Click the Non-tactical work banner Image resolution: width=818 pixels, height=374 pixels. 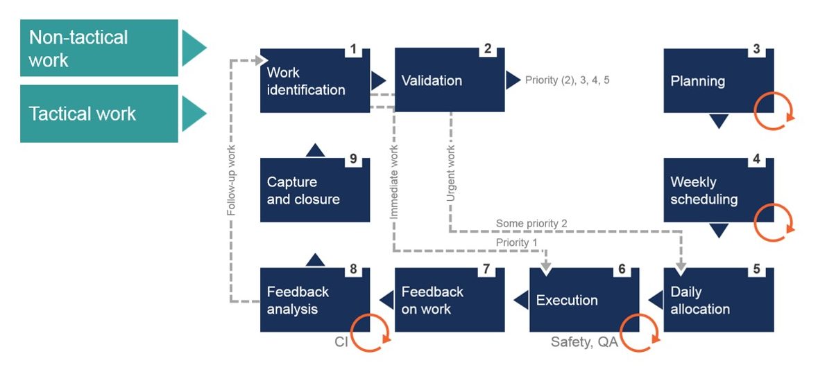(x=99, y=48)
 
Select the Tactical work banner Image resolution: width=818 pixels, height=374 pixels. (x=99, y=114)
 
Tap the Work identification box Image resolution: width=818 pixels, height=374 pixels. (x=314, y=81)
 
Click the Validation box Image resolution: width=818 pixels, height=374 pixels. (x=449, y=81)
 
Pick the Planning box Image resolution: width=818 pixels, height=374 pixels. (x=718, y=81)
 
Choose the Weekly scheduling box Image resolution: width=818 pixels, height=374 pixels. (x=718, y=190)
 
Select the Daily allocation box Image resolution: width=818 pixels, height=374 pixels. (x=718, y=300)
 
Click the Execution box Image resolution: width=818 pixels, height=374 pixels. (x=583, y=300)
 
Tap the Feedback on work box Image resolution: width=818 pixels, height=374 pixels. (x=449, y=300)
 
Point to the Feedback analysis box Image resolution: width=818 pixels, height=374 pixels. (x=314, y=300)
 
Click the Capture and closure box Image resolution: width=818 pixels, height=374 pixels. (x=314, y=190)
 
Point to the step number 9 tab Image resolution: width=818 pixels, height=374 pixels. (x=353, y=159)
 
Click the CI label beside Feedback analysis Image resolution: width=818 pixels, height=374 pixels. (x=341, y=342)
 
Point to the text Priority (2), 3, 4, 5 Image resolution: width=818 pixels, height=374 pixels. (x=567, y=80)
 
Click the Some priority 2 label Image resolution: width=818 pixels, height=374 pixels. (x=531, y=223)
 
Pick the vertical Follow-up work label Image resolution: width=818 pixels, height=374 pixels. (x=232, y=180)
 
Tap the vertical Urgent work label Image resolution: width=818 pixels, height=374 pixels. (x=451, y=174)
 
